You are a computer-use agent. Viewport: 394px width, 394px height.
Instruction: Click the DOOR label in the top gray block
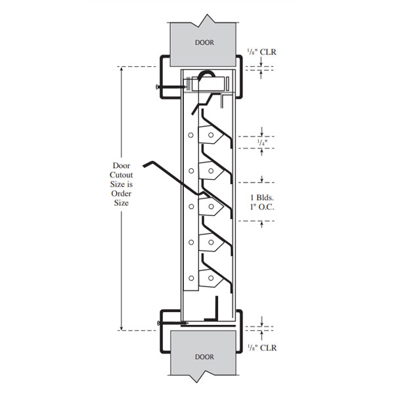[x=204, y=42]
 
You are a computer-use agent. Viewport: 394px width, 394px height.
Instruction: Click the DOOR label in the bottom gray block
[x=204, y=357]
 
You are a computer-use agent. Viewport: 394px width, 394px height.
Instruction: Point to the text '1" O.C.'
[x=262, y=208]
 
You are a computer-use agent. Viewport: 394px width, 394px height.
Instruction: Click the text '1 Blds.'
[x=262, y=197]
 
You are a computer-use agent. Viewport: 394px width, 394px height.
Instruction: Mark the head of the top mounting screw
[x=158, y=86]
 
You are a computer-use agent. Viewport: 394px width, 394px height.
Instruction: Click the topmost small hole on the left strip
[x=190, y=135]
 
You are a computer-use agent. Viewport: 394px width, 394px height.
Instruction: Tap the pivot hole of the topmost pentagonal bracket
[x=210, y=135]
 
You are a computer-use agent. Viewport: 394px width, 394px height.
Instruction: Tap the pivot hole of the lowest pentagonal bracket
[x=210, y=278]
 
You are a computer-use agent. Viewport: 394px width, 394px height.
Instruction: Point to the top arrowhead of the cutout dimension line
[x=121, y=68]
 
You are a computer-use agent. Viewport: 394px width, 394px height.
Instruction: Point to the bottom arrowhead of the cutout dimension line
[x=121, y=327]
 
